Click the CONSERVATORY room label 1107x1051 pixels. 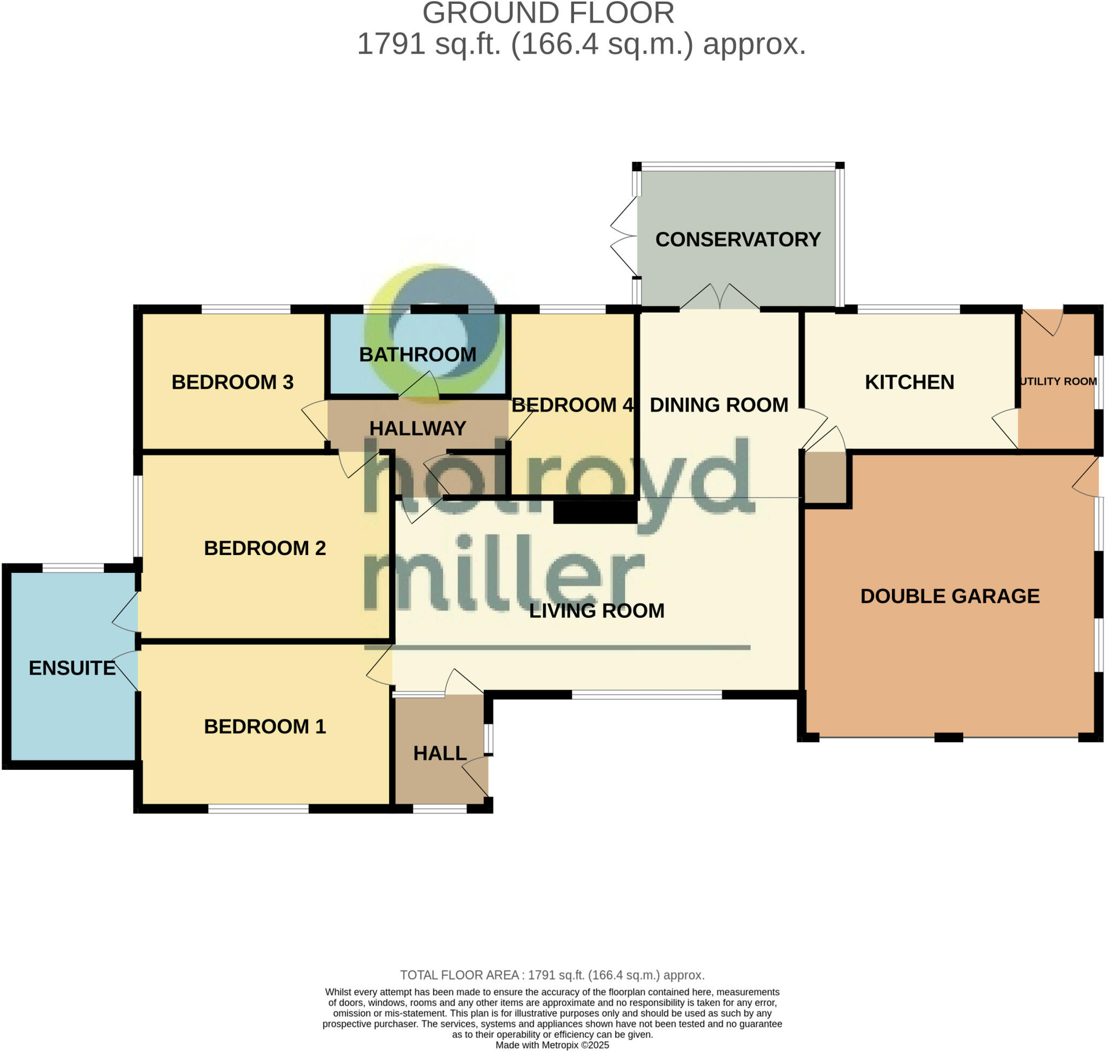pyautogui.click(x=737, y=240)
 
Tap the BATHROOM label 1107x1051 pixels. pyautogui.click(x=418, y=355)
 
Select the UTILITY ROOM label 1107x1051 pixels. pyautogui.click(x=1058, y=381)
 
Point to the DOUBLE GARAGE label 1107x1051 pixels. pyautogui.click(x=950, y=596)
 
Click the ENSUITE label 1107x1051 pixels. pyautogui.click(x=72, y=668)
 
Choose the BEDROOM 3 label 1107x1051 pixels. pyautogui.click(x=232, y=382)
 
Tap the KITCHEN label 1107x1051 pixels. pyautogui.click(x=909, y=382)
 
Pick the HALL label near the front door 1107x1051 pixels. pyautogui.click(x=439, y=753)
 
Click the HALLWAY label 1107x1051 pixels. pyautogui.click(x=418, y=428)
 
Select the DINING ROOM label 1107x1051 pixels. pyautogui.click(x=719, y=405)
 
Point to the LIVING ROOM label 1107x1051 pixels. pyautogui.click(x=597, y=611)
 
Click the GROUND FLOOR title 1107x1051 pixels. pyautogui.click(x=548, y=14)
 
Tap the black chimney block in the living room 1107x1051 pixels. pyautogui.click(x=595, y=512)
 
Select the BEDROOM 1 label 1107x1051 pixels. pyautogui.click(x=265, y=726)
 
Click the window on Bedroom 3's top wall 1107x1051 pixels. pyautogui.click(x=246, y=309)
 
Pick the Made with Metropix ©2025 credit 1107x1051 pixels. pyautogui.click(x=552, y=1045)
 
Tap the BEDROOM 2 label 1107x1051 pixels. pyautogui.click(x=265, y=548)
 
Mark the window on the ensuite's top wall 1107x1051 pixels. pyautogui.click(x=74, y=568)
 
